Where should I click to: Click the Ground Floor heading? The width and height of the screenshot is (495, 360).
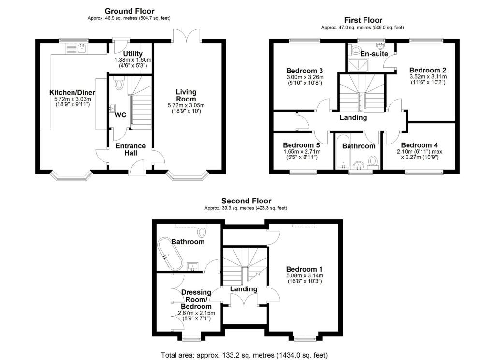130,11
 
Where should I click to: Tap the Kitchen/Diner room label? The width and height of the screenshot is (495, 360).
72,92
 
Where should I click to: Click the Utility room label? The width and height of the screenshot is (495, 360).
132,53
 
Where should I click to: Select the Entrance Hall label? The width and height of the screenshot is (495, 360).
130,149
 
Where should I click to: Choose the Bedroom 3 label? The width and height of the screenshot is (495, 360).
304,70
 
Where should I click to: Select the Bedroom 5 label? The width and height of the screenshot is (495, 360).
301,145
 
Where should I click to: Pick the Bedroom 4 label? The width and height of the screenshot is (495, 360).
419,145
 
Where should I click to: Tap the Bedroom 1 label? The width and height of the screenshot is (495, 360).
304,269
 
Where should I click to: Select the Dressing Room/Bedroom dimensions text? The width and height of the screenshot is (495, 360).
196,316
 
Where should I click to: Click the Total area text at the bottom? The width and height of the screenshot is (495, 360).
247,354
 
